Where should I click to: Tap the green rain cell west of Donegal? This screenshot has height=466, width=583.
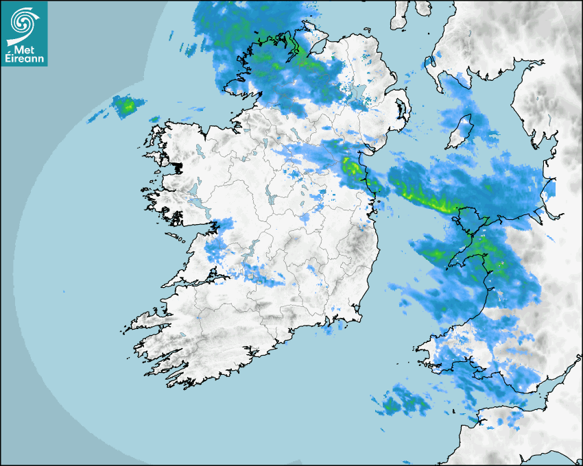tap(126, 106)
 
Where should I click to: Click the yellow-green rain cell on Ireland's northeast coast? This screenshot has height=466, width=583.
tap(352, 167)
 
